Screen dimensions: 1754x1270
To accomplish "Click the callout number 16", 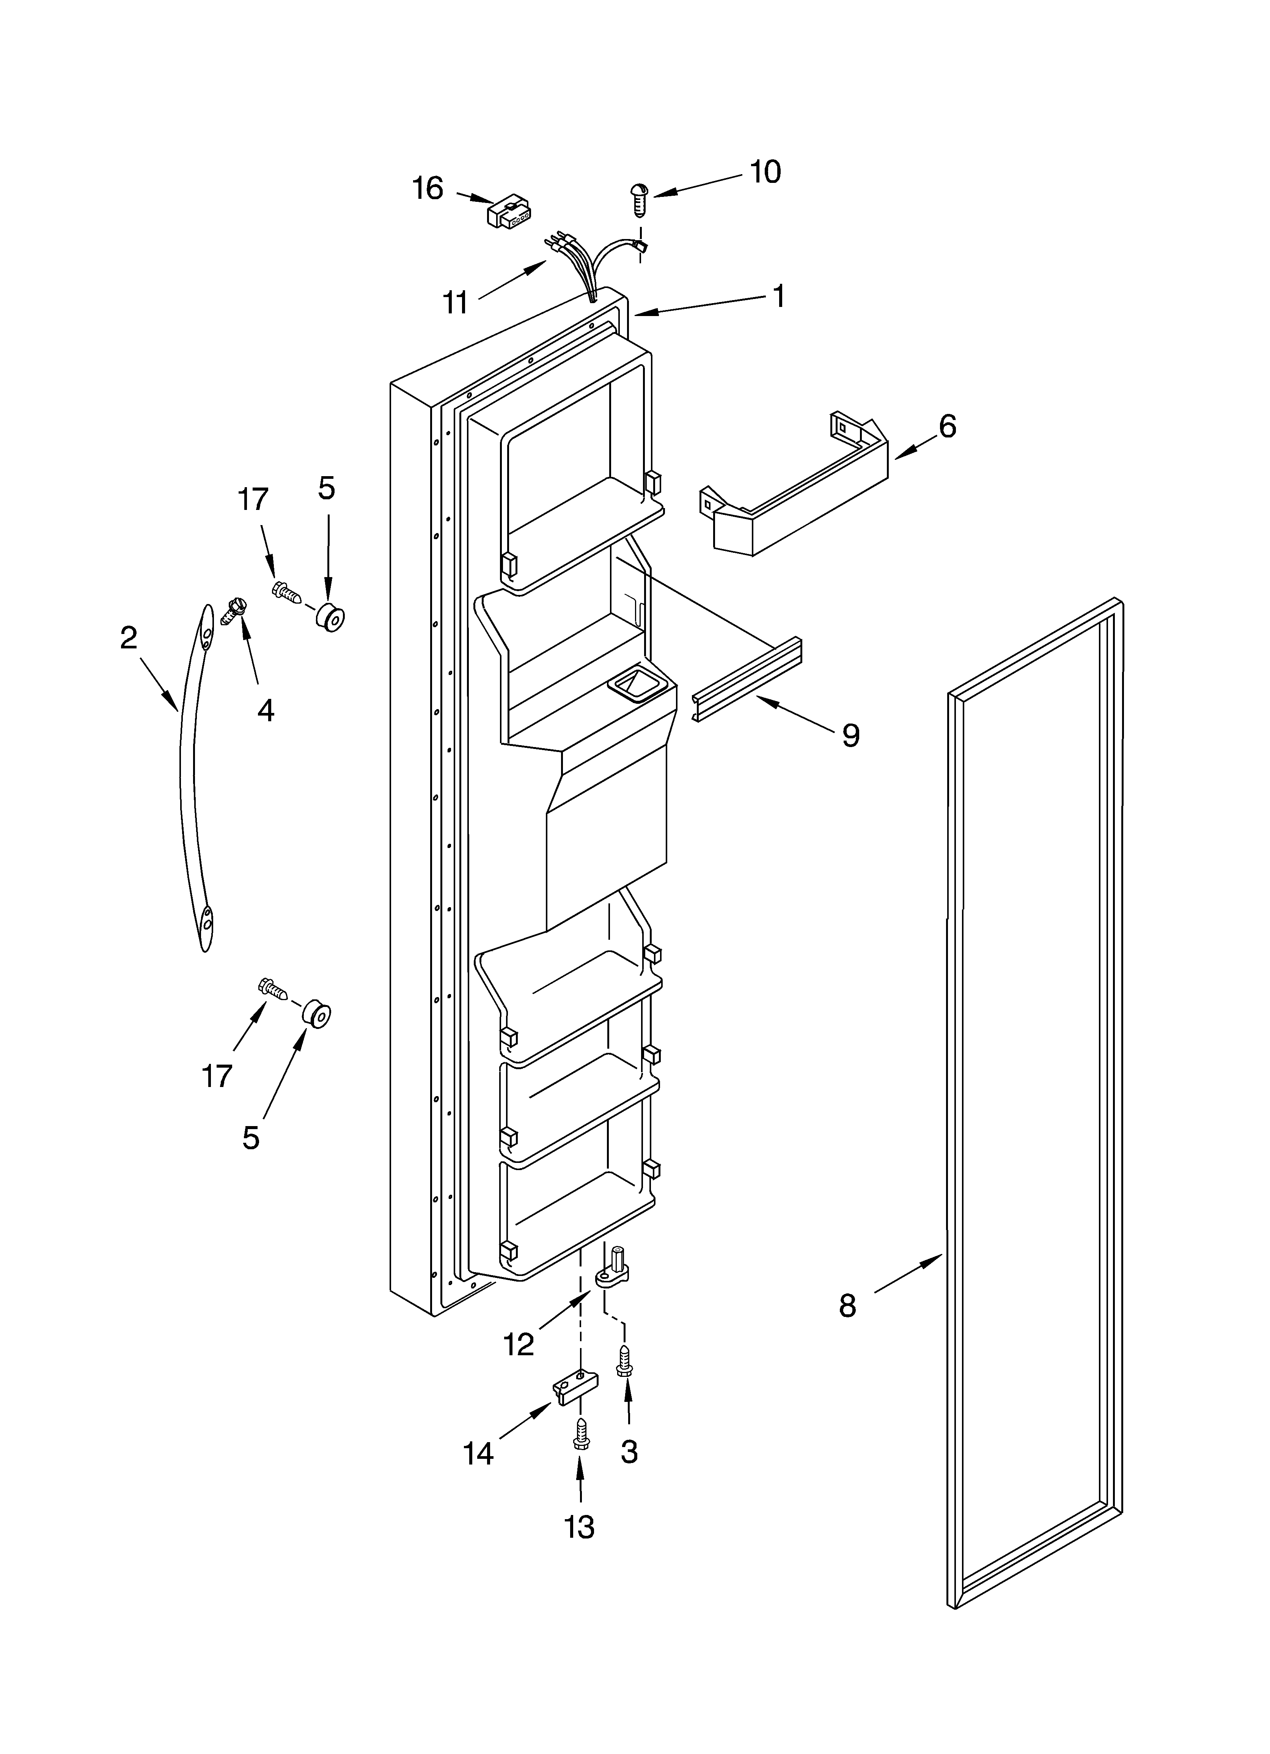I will tap(428, 188).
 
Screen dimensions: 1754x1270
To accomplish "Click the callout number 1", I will tap(779, 296).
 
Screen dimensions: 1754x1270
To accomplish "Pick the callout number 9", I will tap(850, 735).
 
